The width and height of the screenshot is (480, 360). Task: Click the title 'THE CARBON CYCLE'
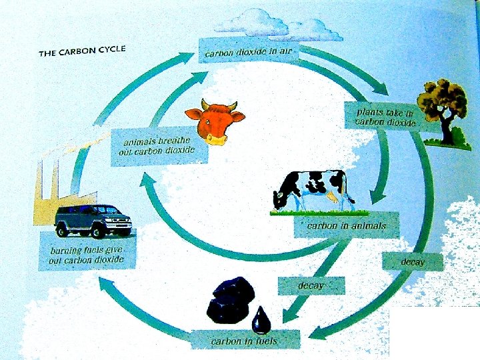tap(82, 51)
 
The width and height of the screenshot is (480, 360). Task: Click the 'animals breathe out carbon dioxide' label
tap(159, 146)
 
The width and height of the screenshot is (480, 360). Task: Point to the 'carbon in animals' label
tap(346, 226)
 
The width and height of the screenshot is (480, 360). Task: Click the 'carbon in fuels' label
tap(244, 341)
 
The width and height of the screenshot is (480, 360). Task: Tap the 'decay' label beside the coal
tap(311, 285)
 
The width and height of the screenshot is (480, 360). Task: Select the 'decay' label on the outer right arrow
tap(413, 261)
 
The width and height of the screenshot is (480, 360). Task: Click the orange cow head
tap(214, 120)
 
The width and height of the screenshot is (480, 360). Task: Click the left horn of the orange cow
tap(192, 103)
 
